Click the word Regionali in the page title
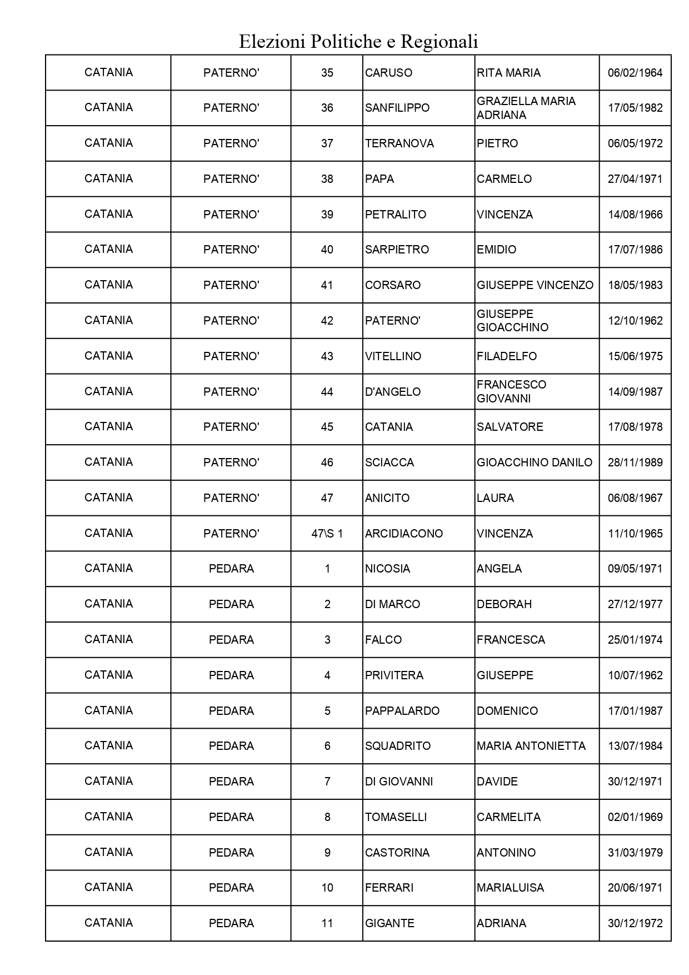click(439, 42)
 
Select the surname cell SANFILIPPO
click(397, 108)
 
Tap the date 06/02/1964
click(635, 73)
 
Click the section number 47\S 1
click(327, 534)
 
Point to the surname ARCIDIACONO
click(404, 534)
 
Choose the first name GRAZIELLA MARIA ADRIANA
click(526, 108)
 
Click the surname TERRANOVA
click(399, 143)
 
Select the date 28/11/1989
click(635, 462)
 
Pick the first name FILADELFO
click(507, 356)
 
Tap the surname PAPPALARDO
click(402, 711)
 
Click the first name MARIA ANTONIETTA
click(531, 746)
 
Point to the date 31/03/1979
click(635, 853)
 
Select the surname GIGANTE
click(390, 923)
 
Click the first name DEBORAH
click(504, 604)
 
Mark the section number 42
click(327, 321)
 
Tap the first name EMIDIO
click(496, 250)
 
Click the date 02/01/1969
click(635, 817)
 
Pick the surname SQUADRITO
click(398, 746)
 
